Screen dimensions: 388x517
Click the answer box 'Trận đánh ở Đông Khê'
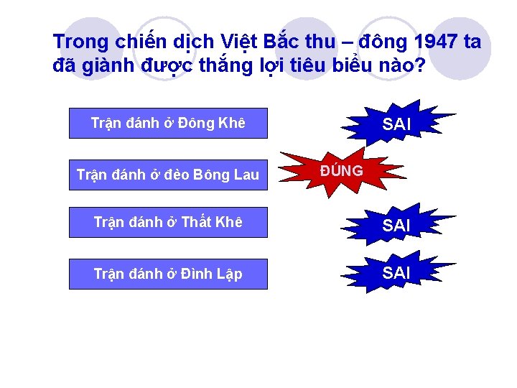[x=168, y=123]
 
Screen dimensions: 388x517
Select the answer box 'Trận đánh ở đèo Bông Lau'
[x=168, y=174]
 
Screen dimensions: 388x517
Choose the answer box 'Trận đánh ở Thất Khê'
[x=168, y=223]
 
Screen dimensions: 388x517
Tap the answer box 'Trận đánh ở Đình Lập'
[x=168, y=274]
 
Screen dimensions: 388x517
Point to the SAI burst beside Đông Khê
[x=397, y=124]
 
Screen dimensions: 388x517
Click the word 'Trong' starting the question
[x=79, y=42]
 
